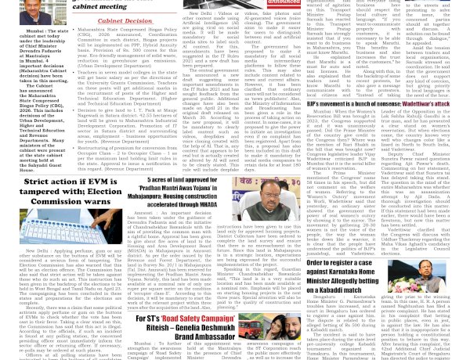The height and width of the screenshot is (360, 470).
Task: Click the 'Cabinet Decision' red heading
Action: (125, 22)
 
